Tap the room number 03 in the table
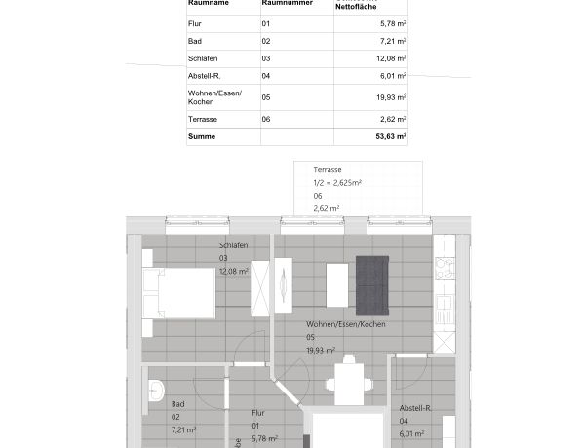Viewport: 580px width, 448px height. (266, 58)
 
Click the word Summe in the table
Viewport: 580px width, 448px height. (201, 137)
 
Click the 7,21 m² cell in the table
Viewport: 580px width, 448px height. (393, 41)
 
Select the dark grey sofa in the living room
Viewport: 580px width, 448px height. (372, 284)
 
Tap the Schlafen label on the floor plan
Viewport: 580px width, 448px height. (234, 245)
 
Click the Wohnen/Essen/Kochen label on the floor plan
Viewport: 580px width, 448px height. (346, 323)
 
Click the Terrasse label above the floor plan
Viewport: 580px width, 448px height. (329, 169)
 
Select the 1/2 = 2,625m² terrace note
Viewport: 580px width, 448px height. (337, 182)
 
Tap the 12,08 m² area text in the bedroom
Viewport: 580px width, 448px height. (234, 271)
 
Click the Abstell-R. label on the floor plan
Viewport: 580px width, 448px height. (415, 408)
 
